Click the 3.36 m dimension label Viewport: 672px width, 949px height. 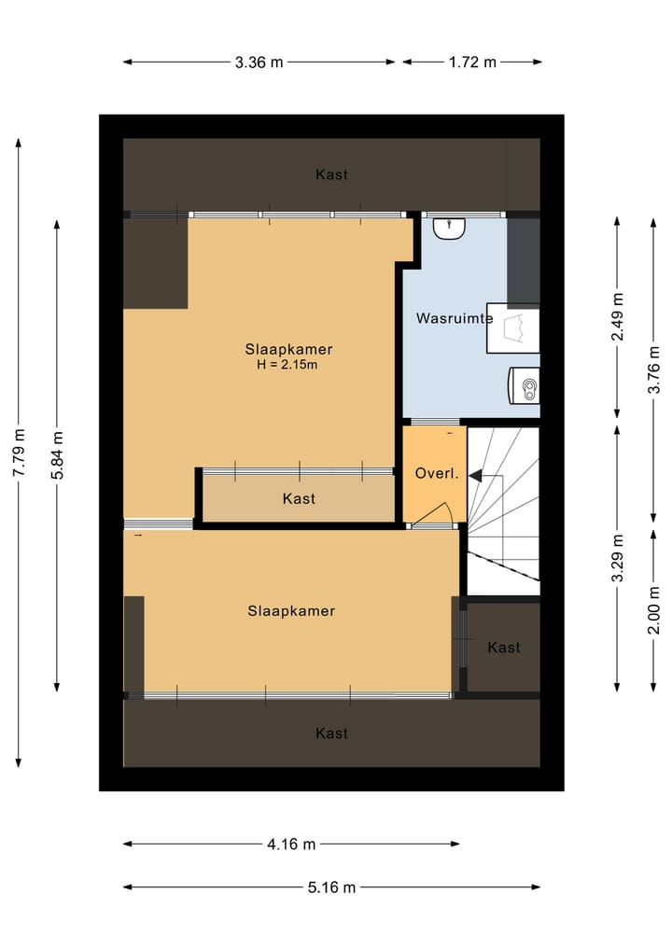[259, 63]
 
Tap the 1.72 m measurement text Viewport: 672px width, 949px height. [473, 63]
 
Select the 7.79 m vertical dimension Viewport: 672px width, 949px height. [18, 454]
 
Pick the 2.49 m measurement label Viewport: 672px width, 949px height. [617, 318]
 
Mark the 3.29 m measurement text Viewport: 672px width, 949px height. [617, 559]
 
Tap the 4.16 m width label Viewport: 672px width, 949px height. [291, 844]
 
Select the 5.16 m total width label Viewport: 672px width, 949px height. [331, 887]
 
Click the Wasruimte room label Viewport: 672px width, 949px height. [454, 318]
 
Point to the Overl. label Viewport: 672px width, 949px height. [436, 474]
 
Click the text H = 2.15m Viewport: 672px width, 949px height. [287, 365]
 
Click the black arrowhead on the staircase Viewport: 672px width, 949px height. [475, 476]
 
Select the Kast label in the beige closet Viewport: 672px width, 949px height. [299, 499]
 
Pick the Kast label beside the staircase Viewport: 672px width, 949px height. [504, 648]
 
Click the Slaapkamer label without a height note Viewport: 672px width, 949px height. [291, 612]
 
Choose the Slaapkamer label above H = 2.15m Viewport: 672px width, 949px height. [288, 350]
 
